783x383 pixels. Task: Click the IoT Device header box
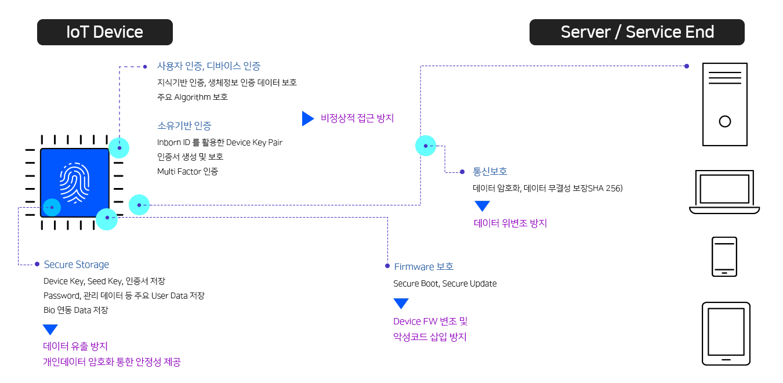pyautogui.click(x=105, y=32)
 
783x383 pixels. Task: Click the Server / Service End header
pyautogui.click(x=637, y=32)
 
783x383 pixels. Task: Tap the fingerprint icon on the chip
pyautogui.click(x=74, y=183)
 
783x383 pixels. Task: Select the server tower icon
pyautogui.click(x=725, y=104)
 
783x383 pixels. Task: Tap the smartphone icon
pyautogui.click(x=724, y=256)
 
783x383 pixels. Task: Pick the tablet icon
pyautogui.click(x=726, y=334)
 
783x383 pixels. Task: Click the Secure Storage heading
pyautogui.click(x=77, y=265)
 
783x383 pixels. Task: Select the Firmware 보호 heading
pyautogui.click(x=423, y=266)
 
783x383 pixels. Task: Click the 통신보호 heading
pyautogui.click(x=490, y=171)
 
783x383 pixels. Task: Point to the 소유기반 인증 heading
pyautogui.click(x=184, y=125)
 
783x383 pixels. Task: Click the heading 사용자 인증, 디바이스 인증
pyautogui.click(x=209, y=66)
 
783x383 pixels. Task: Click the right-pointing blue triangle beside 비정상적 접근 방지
pyautogui.click(x=307, y=118)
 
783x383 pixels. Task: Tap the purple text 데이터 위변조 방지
pyautogui.click(x=510, y=223)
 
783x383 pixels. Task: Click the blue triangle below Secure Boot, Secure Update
pyautogui.click(x=401, y=303)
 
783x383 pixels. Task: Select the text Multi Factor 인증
pyautogui.click(x=188, y=171)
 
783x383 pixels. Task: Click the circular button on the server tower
pyautogui.click(x=725, y=121)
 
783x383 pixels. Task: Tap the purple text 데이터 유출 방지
pyautogui.click(x=75, y=346)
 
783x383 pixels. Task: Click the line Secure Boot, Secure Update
pyautogui.click(x=445, y=284)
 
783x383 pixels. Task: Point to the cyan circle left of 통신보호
pyautogui.click(x=426, y=146)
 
